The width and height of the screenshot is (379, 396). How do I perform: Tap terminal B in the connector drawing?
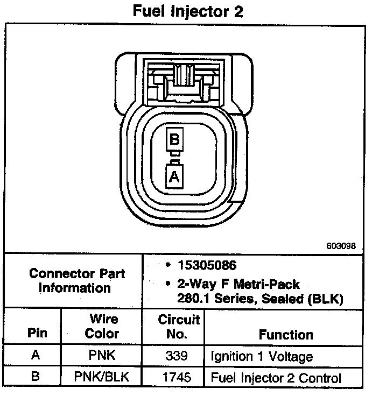174,140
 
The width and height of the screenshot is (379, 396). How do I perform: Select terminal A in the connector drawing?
174,176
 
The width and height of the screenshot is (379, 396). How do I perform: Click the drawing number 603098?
341,246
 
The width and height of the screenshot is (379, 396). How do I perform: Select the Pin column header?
37,333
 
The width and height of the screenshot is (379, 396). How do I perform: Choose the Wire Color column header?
102,326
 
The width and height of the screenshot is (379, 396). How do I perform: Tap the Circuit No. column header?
179,327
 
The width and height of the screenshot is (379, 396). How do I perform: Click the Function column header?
286,335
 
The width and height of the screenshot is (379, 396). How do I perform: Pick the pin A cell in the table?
36,356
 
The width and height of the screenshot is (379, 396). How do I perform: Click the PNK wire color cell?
102,356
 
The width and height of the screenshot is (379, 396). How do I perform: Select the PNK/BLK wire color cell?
102,376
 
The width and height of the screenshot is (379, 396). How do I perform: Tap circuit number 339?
177,356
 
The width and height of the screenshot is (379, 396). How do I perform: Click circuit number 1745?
177,377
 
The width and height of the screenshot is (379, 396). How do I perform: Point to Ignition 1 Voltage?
262,357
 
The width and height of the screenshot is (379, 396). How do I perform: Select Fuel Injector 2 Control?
276,377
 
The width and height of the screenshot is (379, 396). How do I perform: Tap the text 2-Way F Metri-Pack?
238,284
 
